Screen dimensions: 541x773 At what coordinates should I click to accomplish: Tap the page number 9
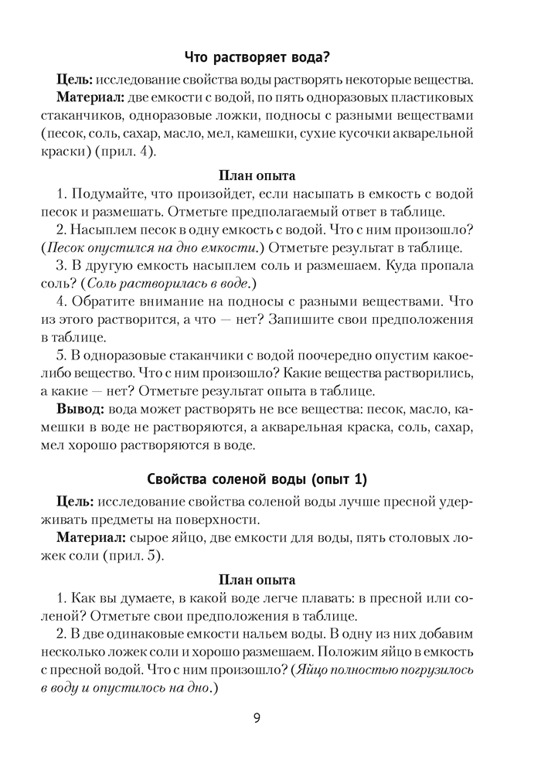coord(257,717)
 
